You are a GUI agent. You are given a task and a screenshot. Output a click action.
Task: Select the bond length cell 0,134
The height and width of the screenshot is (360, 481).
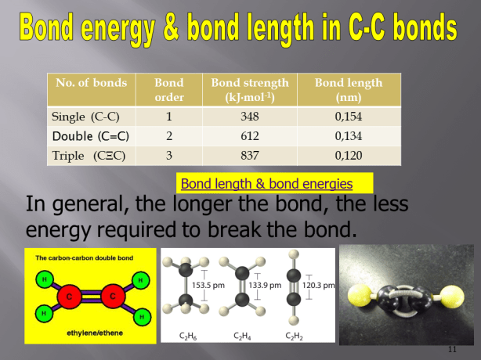348,136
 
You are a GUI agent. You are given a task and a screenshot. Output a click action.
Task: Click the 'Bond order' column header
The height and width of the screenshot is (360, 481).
168,90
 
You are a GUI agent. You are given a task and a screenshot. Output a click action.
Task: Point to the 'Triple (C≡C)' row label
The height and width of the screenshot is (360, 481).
89,155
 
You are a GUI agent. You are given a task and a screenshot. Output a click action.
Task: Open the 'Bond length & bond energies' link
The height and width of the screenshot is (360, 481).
266,185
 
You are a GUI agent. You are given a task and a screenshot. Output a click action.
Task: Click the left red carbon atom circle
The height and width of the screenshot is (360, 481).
69,297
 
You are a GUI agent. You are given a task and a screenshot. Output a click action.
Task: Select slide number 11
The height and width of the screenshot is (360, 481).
451,347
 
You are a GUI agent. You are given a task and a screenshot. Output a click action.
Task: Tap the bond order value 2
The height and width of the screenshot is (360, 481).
168,136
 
